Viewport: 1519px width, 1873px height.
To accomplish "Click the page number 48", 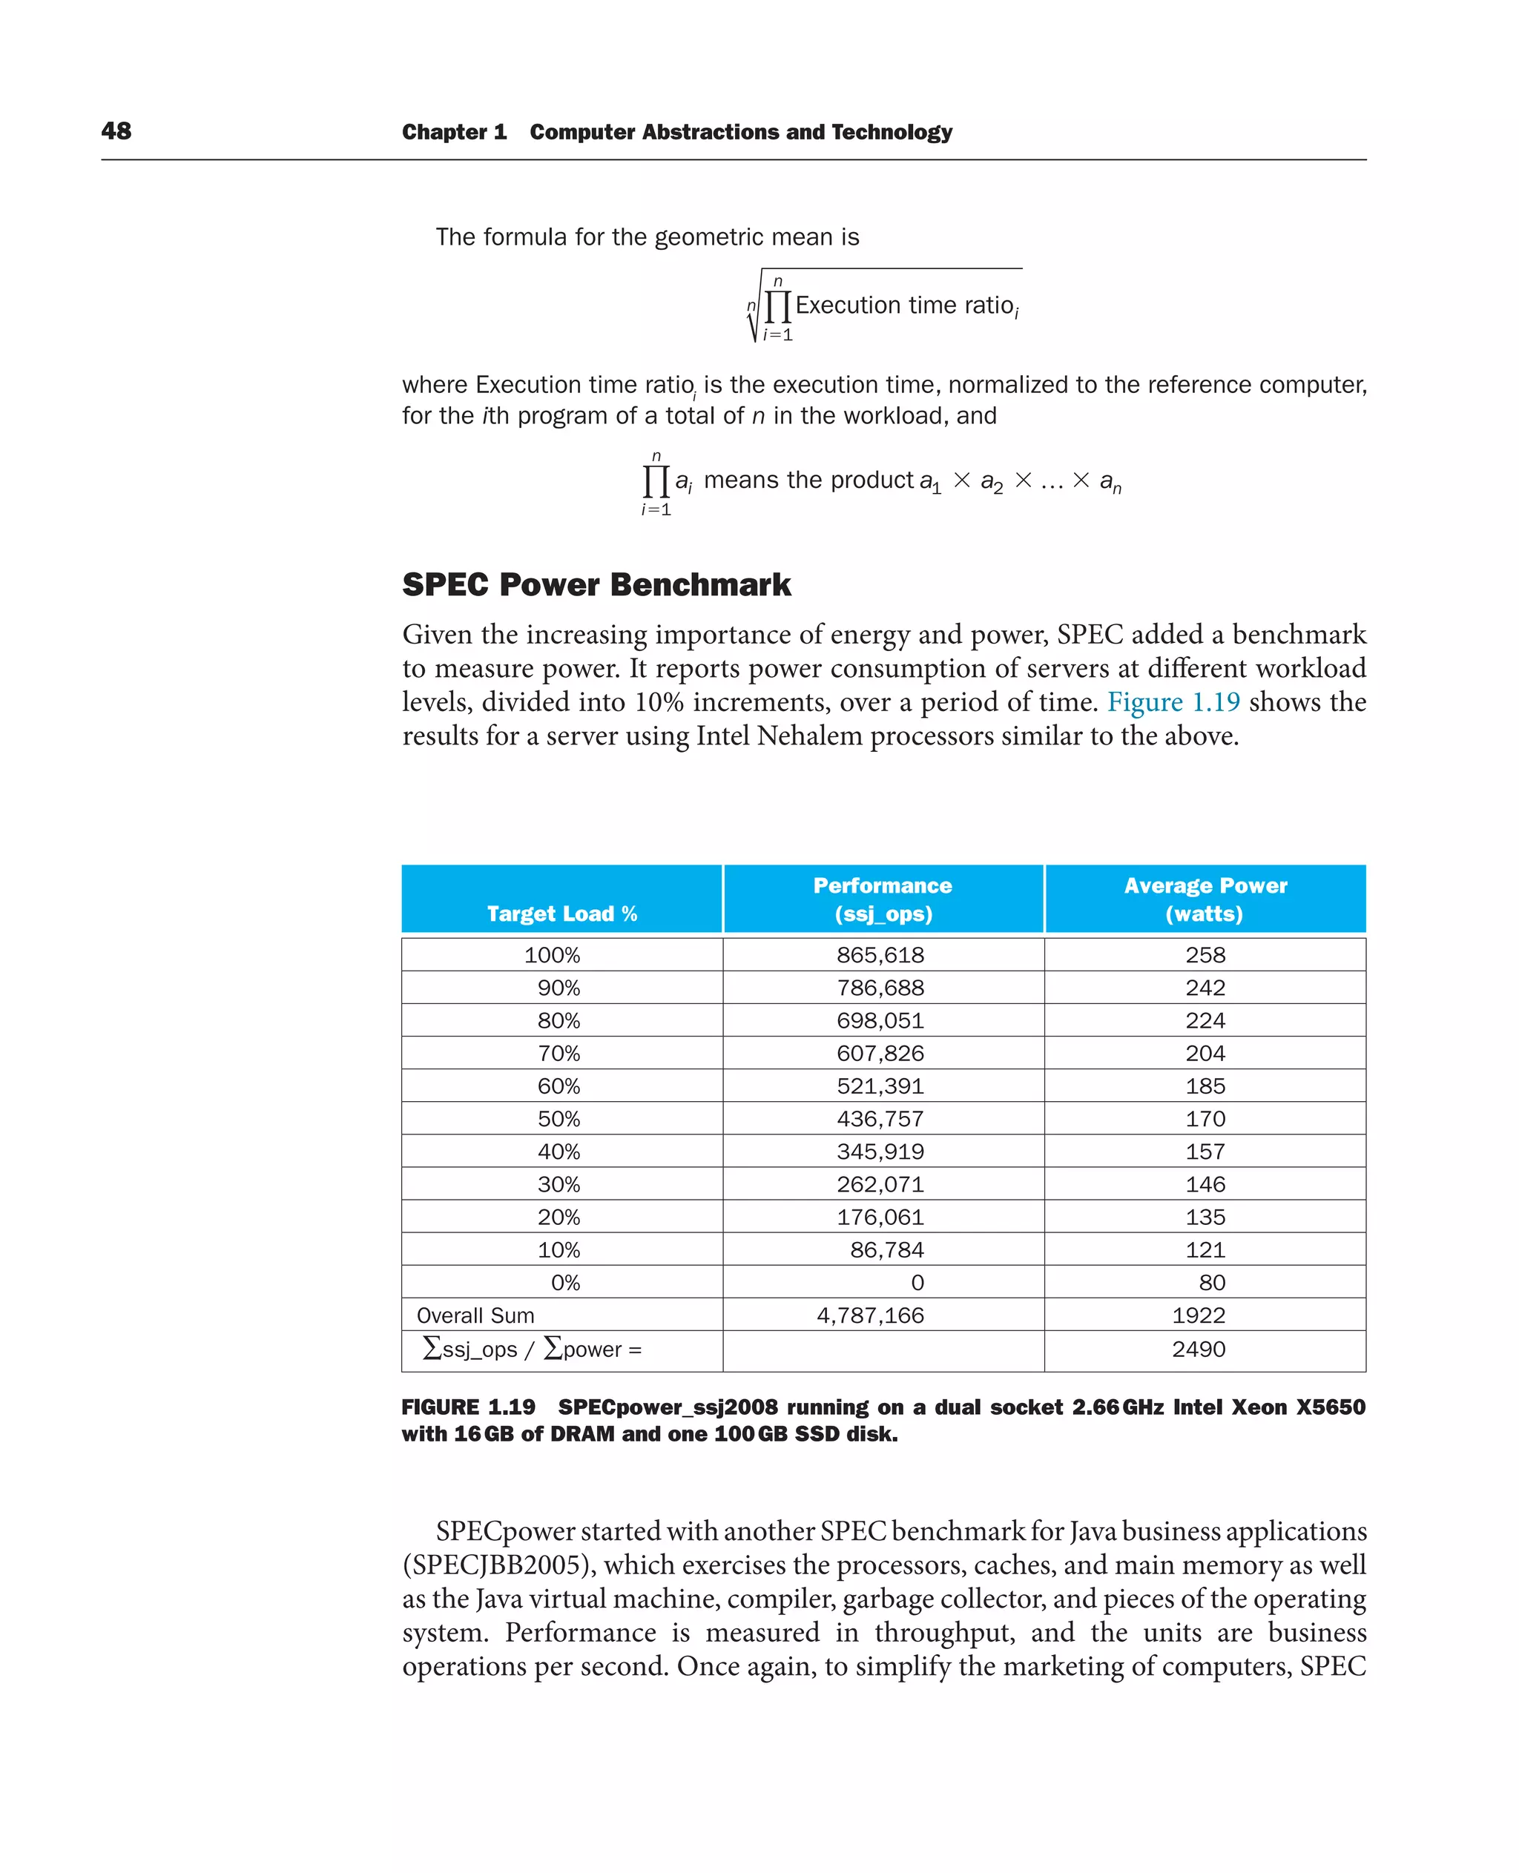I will coord(116,131).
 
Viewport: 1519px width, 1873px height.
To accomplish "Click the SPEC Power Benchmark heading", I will coord(596,584).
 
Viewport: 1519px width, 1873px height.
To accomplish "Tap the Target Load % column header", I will coord(561,914).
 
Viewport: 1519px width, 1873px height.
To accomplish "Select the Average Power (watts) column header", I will coord(1205,899).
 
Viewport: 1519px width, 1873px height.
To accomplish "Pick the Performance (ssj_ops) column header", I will coord(883,899).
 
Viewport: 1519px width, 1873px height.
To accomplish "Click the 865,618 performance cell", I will coord(880,954).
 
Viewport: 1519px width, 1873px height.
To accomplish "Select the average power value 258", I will coord(1205,954).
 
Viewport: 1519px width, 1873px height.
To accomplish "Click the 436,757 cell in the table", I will coord(880,1118).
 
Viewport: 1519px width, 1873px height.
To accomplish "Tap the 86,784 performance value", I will coord(886,1249).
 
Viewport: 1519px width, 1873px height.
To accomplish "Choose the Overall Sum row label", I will coord(475,1315).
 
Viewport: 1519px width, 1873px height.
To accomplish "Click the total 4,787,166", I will coord(870,1315).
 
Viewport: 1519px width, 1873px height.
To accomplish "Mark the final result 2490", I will coord(1198,1349).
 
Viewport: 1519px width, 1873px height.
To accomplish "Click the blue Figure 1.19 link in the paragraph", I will coord(1173,701).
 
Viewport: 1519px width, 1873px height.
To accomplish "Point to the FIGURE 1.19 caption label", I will coord(468,1407).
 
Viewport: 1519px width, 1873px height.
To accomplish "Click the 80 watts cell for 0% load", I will coord(1212,1283).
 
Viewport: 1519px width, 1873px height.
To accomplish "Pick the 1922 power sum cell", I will coord(1198,1315).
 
